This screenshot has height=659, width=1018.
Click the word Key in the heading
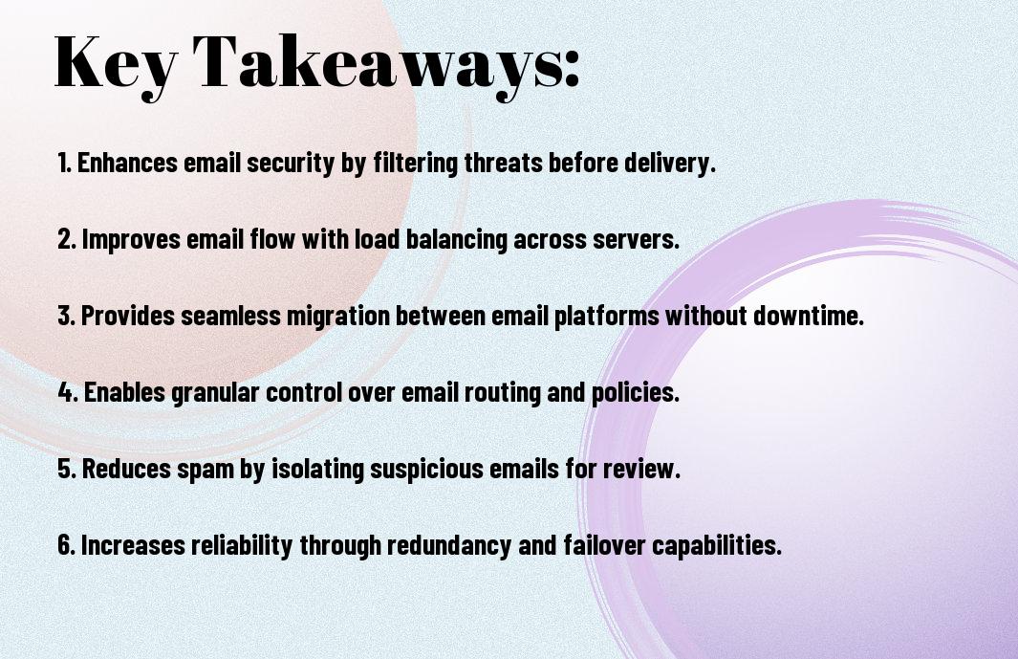116,64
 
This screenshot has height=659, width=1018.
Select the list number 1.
64,163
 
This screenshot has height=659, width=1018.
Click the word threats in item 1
503,163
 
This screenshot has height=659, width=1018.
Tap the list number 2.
66,239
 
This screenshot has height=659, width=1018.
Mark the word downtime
809,316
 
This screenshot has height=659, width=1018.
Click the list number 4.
68,392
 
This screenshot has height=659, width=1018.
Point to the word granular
215,393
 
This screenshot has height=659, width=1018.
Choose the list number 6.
66,545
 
